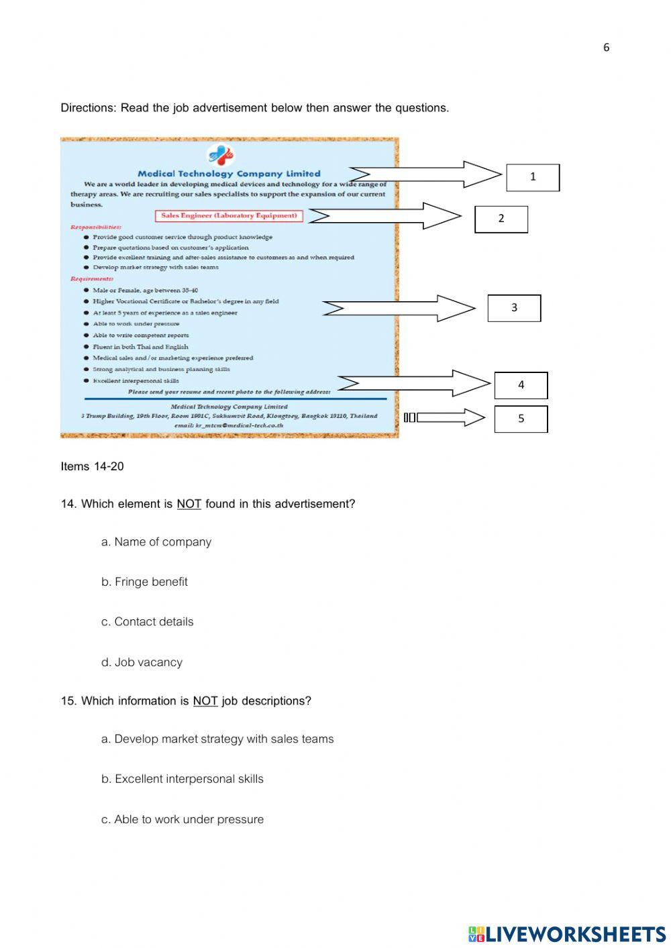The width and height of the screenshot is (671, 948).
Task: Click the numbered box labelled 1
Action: (x=533, y=177)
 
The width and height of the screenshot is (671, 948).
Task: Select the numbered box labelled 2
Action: (x=501, y=219)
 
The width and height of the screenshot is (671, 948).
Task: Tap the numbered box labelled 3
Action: (x=514, y=308)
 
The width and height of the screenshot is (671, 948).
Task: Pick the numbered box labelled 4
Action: (x=521, y=385)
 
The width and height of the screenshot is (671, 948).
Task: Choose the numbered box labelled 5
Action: (x=521, y=419)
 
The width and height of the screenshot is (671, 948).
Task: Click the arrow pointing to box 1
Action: (x=425, y=175)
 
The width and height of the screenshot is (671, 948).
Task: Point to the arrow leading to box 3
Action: (x=399, y=308)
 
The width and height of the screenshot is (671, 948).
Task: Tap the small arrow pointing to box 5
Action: (x=446, y=418)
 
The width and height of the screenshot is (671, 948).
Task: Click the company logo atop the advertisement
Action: (x=221, y=156)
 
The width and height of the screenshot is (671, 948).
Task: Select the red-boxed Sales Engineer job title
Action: (x=229, y=216)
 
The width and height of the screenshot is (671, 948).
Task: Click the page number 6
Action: (x=606, y=47)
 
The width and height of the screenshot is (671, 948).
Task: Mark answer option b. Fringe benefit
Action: (x=144, y=582)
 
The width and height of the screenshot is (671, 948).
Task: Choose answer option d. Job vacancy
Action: (x=142, y=662)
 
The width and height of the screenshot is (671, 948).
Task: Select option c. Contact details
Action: (x=147, y=622)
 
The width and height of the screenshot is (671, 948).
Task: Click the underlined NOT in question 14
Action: (x=189, y=504)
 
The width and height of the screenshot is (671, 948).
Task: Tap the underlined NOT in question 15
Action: (x=205, y=701)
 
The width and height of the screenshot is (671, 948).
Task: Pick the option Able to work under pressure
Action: (x=183, y=819)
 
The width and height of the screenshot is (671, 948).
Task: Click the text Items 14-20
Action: (x=92, y=466)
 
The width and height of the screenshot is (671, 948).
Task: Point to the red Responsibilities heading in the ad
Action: (x=96, y=227)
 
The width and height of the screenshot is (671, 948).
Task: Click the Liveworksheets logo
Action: (x=567, y=934)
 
